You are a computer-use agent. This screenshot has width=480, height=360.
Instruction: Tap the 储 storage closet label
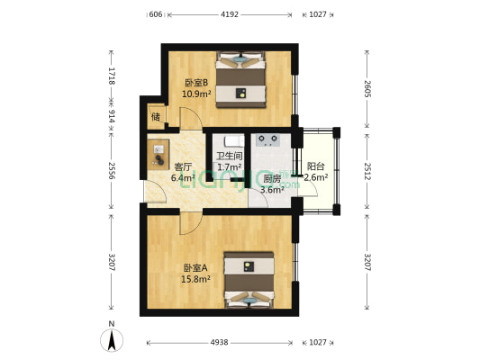[156, 117]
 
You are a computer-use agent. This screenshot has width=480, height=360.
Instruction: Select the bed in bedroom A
[249, 282]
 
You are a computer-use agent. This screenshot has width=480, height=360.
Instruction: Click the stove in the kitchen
[267, 140]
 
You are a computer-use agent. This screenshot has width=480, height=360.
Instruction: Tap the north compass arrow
[111, 339]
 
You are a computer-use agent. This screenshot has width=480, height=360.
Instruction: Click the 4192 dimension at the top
[231, 14]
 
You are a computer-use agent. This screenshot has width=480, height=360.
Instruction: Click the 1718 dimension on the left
[111, 76]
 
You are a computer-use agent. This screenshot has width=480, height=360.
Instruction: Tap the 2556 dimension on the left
[111, 171]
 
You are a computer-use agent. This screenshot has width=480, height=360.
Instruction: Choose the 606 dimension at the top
[155, 14]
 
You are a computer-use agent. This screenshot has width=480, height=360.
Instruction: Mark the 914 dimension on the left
[111, 116]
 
